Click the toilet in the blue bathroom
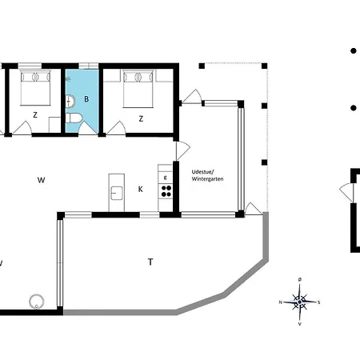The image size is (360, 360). click(74, 118)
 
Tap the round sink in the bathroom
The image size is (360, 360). click(70, 102)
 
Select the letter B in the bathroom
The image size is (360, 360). click(86, 99)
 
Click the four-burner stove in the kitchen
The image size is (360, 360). click(166, 191)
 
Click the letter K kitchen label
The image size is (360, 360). click(141, 190)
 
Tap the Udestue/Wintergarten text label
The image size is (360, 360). click(207, 175)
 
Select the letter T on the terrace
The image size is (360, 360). click(150, 262)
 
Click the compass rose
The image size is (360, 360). click(299, 302)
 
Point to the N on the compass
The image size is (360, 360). click(281, 302)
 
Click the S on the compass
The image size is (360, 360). click(318, 302)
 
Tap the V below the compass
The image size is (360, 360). click(300, 324)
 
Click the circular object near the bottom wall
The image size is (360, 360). click(37, 301)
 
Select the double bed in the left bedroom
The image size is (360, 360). click(35, 87)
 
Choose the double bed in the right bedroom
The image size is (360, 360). click(138, 89)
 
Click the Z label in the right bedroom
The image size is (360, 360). click(141, 118)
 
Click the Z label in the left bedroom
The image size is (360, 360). click(35, 115)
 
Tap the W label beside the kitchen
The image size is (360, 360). click(41, 180)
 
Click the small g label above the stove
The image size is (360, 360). click(166, 178)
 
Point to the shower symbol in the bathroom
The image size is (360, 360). click(68, 79)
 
